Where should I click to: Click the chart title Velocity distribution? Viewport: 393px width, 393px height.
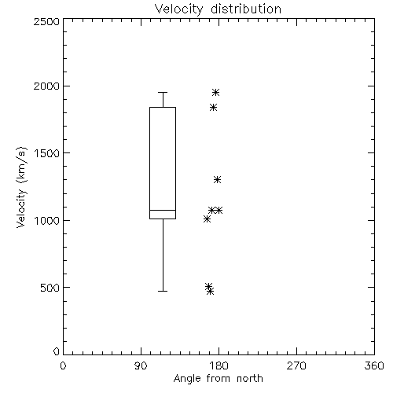(x=218, y=9)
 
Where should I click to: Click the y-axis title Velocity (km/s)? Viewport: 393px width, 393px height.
(x=21, y=187)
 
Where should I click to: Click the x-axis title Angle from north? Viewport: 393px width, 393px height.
(x=219, y=379)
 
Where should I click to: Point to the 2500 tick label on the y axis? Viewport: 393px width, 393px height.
(x=46, y=21)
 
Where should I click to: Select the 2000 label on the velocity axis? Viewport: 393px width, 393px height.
(x=46, y=86)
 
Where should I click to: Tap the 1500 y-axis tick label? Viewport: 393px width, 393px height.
(x=47, y=153)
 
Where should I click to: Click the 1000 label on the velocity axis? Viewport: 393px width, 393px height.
(x=47, y=220)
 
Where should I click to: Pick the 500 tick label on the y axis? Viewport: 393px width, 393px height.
(x=50, y=288)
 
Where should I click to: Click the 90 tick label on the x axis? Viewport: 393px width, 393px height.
(x=141, y=366)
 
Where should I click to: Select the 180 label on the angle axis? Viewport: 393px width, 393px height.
(x=219, y=366)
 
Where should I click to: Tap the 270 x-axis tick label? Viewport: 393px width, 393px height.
(x=296, y=366)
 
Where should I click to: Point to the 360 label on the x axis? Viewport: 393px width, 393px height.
(x=374, y=366)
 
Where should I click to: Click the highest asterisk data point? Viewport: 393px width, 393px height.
(x=215, y=92)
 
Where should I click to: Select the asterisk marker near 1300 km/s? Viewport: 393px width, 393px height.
(x=217, y=180)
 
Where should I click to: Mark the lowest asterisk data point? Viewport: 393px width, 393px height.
(x=210, y=291)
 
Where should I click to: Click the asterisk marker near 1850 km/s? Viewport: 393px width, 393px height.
(x=213, y=107)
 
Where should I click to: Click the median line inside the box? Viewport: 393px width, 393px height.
(x=163, y=210)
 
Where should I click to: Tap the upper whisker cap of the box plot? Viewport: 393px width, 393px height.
(x=163, y=92)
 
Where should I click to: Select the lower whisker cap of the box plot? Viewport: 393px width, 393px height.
(x=163, y=291)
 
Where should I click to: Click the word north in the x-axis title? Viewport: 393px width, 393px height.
(x=250, y=379)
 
